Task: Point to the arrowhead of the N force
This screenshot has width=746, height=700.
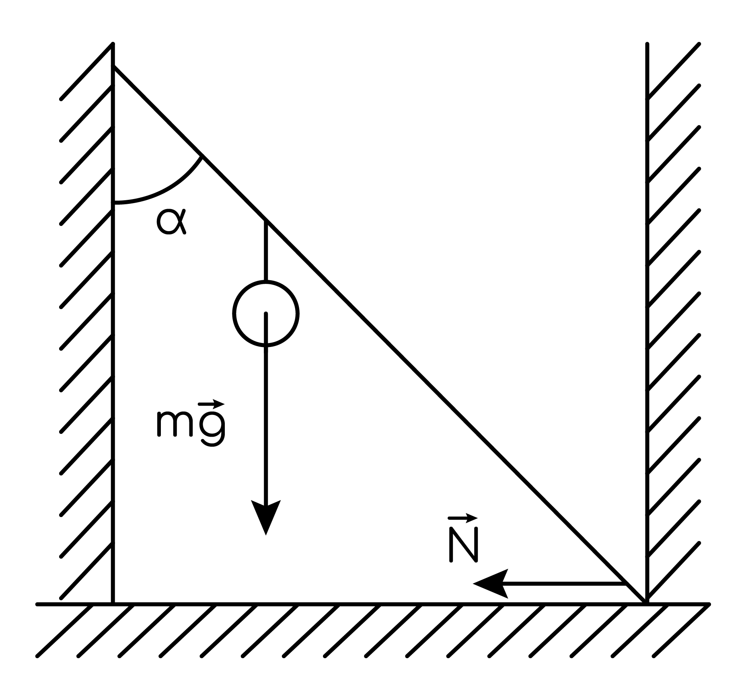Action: [x=491, y=583]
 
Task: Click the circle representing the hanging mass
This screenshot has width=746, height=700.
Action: [x=265, y=313]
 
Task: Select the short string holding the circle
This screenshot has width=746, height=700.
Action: [x=265, y=250]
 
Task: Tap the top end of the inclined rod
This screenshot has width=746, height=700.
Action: [x=114, y=67]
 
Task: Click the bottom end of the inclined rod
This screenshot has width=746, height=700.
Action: [x=645, y=602]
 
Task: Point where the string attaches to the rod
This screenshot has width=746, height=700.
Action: [x=265, y=220]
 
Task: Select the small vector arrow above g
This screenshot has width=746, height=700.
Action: [x=212, y=403]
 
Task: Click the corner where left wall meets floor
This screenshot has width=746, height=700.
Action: [x=113, y=604]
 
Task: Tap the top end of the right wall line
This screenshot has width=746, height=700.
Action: [x=647, y=44]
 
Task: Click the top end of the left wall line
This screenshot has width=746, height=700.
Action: [x=113, y=44]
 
